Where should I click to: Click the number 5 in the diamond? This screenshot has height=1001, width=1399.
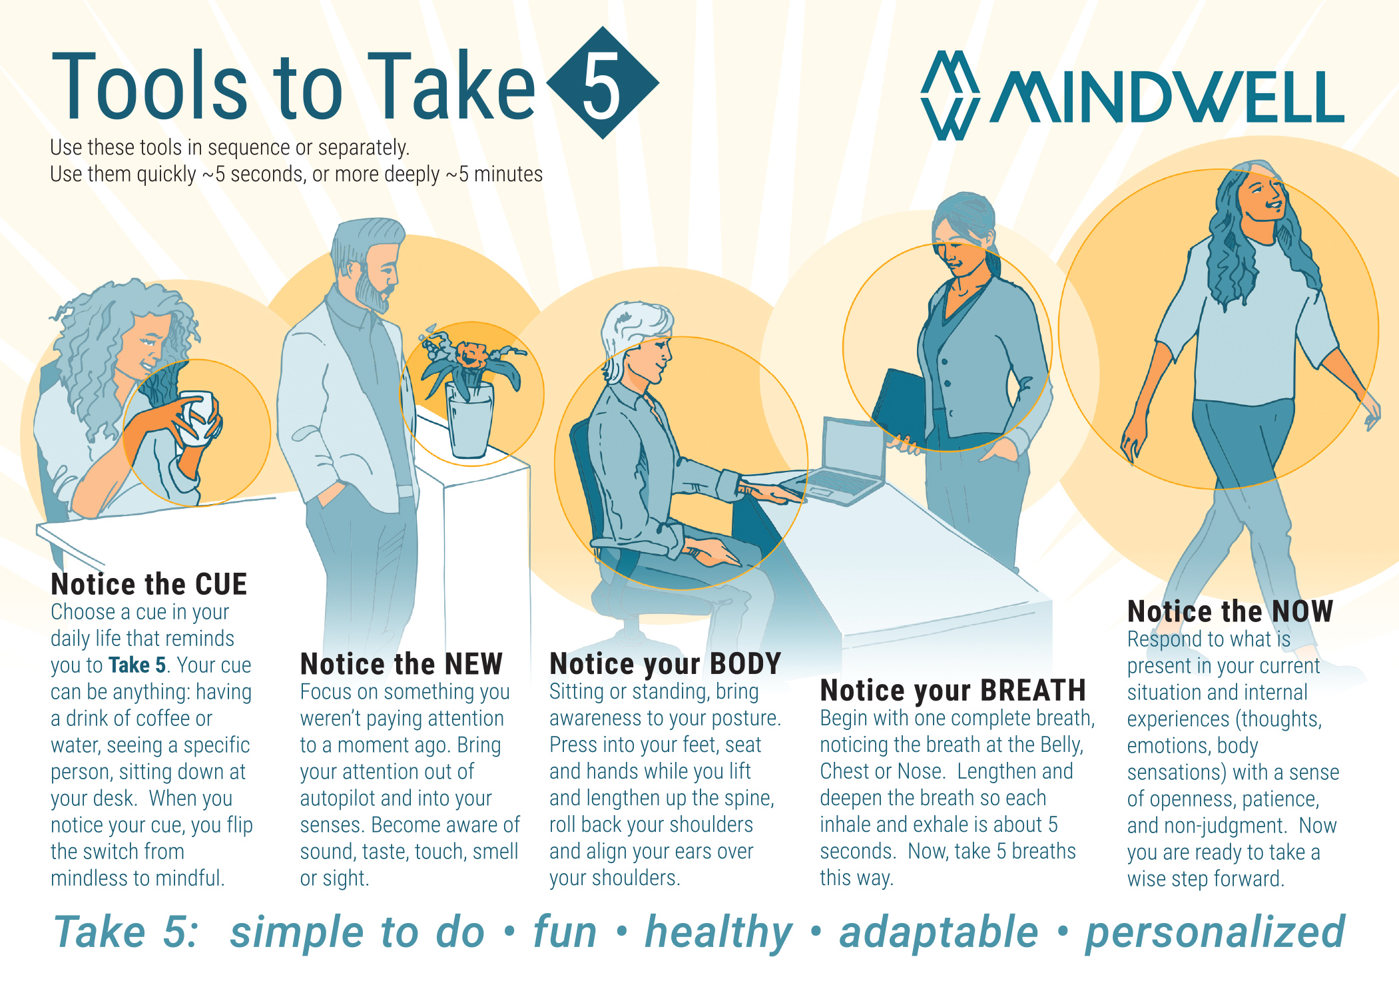point(602,84)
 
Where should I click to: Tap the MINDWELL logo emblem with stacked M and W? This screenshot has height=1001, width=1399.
point(950,96)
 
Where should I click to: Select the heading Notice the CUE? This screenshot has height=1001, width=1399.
point(148,584)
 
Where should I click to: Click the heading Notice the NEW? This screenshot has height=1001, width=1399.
point(401,664)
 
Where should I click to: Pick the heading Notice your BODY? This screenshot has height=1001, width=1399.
point(665,664)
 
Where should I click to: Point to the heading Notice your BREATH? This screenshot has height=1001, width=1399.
point(952,691)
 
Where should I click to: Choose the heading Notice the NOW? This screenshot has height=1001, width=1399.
point(1229,611)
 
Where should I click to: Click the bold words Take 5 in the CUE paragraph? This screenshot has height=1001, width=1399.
point(137,665)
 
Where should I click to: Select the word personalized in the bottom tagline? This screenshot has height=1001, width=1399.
point(1215,932)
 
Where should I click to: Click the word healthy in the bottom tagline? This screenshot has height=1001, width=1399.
point(718,932)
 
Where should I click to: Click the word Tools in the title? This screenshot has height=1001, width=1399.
point(150,88)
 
